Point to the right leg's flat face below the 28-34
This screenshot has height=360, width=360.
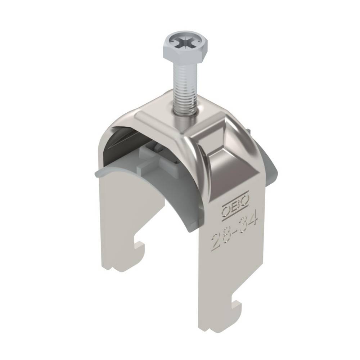tap(230, 281)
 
